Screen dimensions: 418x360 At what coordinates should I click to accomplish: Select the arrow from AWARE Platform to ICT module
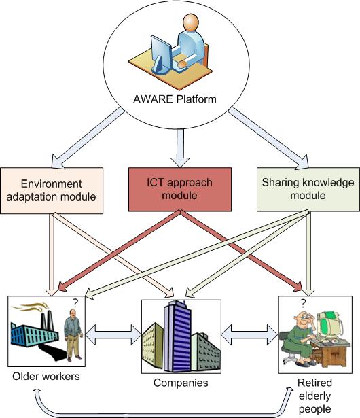pyautogui.click(x=179, y=148)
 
